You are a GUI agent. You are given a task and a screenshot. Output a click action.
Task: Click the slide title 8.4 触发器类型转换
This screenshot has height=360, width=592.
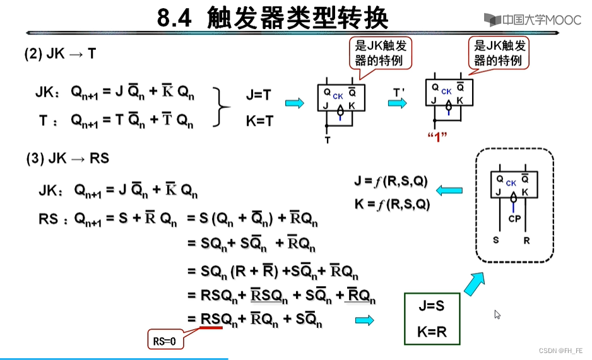tap(272, 18)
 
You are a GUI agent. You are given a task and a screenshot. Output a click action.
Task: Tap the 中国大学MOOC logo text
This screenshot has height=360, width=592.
tap(534, 20)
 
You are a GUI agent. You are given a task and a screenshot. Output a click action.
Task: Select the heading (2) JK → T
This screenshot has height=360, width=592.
tap(60, 54)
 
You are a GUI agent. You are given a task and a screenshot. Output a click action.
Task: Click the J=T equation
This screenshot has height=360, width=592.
tap(259, 95)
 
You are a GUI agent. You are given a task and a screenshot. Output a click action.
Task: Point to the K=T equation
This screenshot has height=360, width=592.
tap(259, 121)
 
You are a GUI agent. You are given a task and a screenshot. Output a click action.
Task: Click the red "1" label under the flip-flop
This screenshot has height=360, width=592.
tap(436, 136)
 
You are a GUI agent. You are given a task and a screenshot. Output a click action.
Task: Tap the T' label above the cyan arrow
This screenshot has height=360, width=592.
tap(398, 92)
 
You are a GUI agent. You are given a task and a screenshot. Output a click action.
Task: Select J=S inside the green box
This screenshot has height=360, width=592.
tap(432, 306)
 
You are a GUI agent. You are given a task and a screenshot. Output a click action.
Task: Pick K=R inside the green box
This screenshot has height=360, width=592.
tap(432, 332)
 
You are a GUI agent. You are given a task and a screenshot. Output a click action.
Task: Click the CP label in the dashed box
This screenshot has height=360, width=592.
tap(514, 219)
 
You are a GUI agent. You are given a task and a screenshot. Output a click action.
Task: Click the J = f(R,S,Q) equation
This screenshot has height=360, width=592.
tap(391, 182)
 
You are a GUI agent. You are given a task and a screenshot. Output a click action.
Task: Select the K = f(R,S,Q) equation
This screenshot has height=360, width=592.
tap(391, 204)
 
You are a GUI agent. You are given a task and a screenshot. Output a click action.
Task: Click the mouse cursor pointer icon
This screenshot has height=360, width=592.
tap(497, 314)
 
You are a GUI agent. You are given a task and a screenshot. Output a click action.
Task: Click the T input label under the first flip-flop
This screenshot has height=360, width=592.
tap(327, 140)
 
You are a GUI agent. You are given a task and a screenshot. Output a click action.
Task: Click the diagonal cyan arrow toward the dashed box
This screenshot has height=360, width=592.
tap(477, 282)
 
